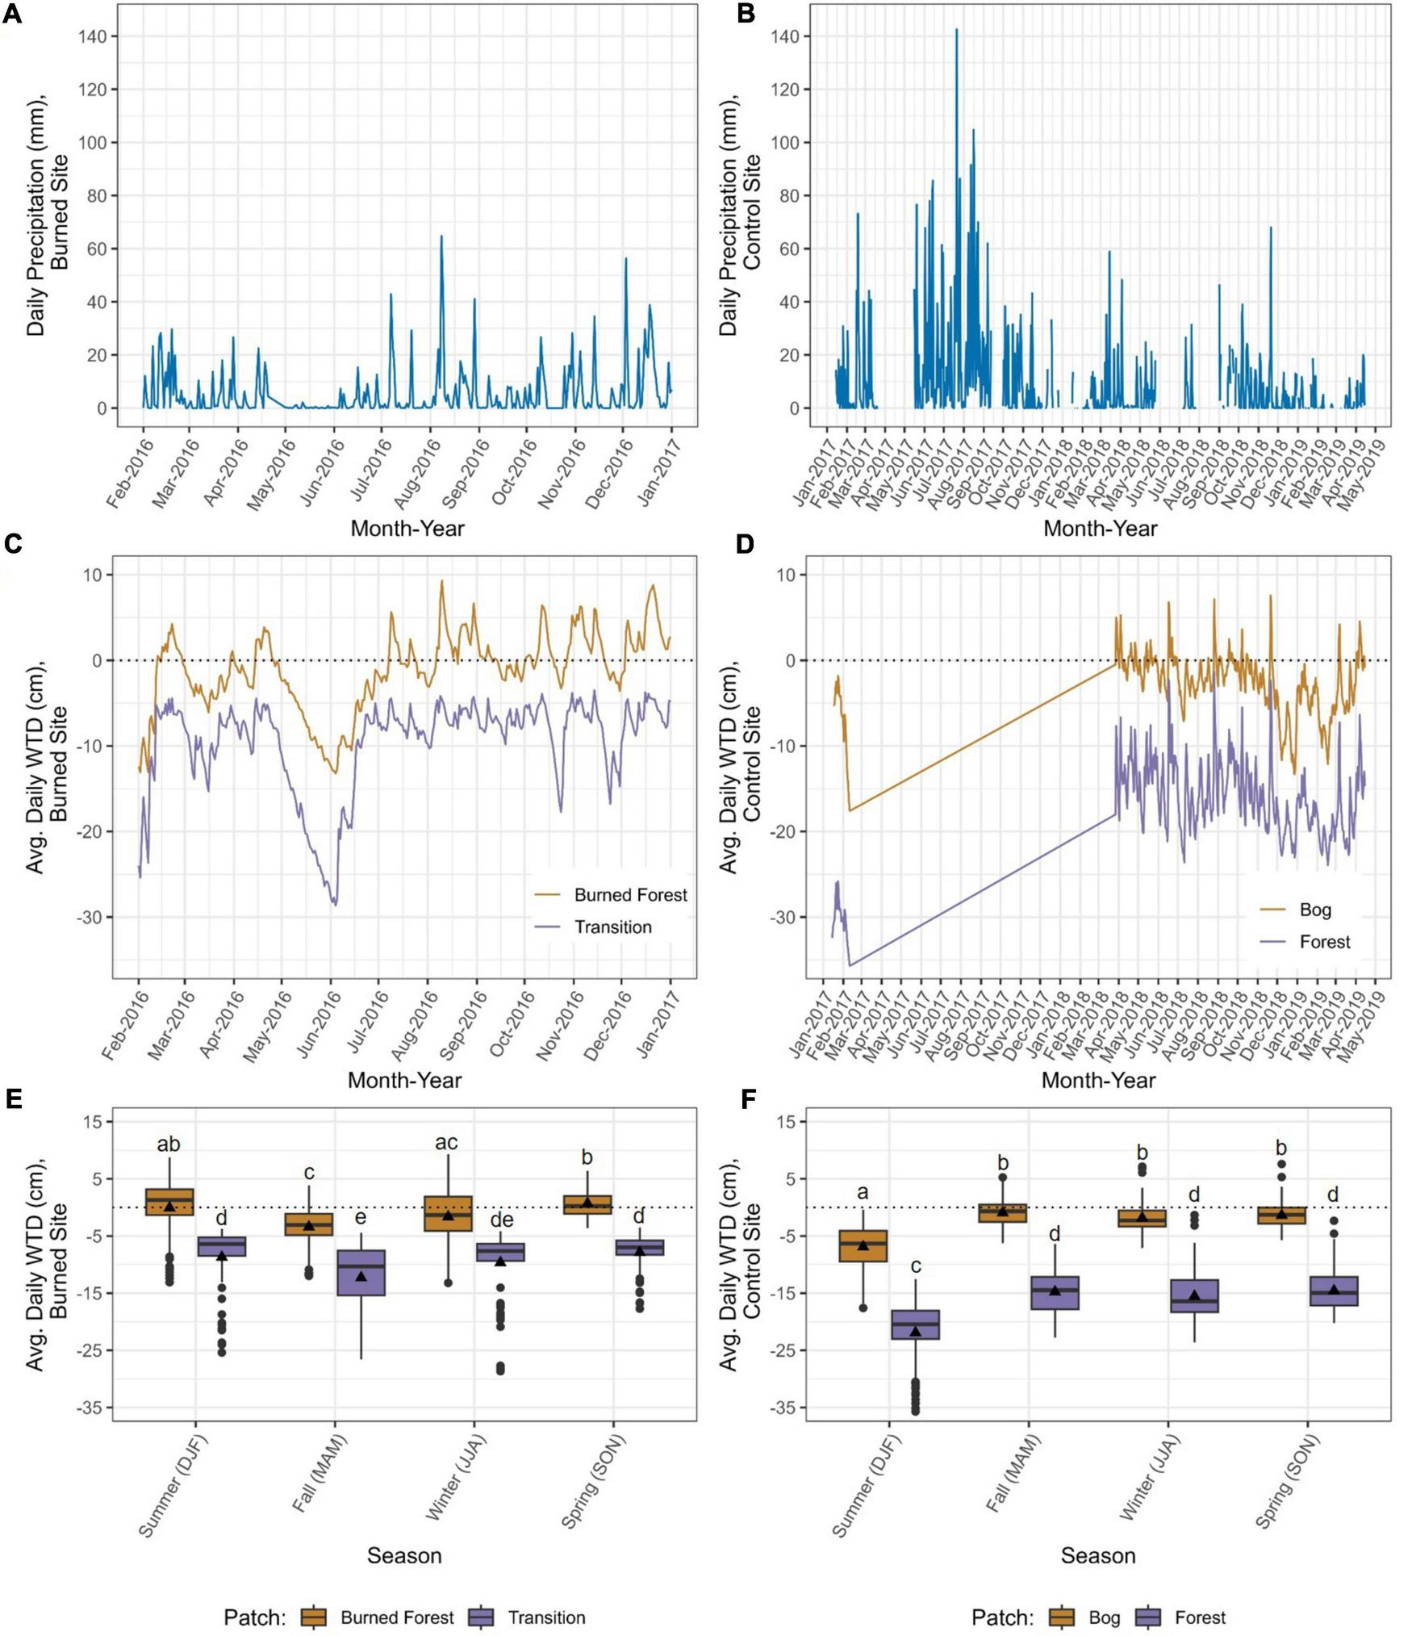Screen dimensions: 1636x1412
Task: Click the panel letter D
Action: [744, 544]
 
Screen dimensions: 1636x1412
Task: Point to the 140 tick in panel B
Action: [786, 36]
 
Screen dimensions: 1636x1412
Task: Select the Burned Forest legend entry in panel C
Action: [629, 895]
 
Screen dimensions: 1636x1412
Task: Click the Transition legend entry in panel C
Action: [612, 927]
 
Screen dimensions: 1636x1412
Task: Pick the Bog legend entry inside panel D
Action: [1314, 910]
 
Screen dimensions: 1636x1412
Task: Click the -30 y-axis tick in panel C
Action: [96, 918]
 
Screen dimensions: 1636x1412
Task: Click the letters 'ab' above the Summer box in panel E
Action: [169, 1144]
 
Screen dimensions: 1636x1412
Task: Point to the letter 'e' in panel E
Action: [361, 1218]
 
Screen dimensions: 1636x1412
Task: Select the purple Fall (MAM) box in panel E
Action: [361, 1273]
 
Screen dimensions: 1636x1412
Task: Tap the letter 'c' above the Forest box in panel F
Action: [915, 1266]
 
